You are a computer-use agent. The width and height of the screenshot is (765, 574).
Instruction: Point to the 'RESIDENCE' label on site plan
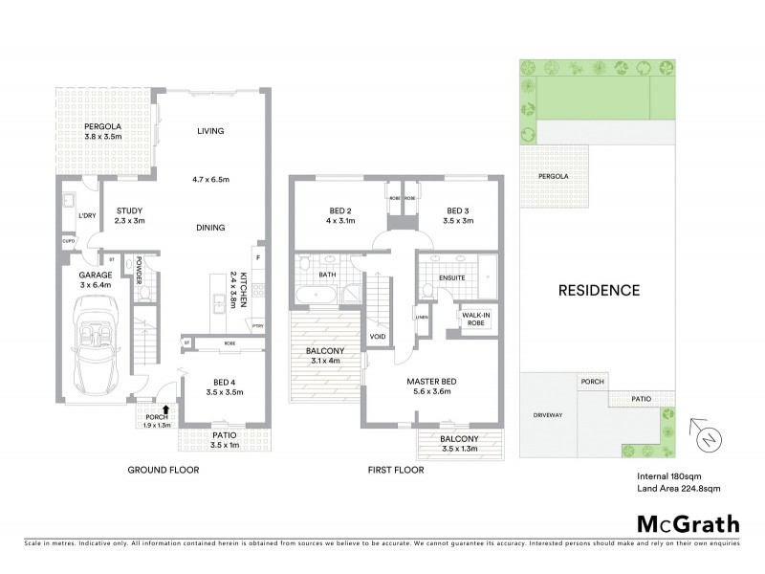click(x=600, y=289)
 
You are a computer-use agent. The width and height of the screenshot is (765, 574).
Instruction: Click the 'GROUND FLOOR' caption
click(x=164, y=470)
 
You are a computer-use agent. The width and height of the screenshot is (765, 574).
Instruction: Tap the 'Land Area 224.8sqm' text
click(x=678, y=488)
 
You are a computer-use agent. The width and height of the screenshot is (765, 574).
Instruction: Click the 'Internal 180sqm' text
click(x=669, y=475)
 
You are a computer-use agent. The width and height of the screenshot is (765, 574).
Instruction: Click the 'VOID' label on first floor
click(x=378, y=337)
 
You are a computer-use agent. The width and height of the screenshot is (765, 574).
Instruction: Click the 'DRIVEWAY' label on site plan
click(x=546, y=415)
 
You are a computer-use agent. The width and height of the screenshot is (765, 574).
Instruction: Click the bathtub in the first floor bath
click(x=316, y=295)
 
